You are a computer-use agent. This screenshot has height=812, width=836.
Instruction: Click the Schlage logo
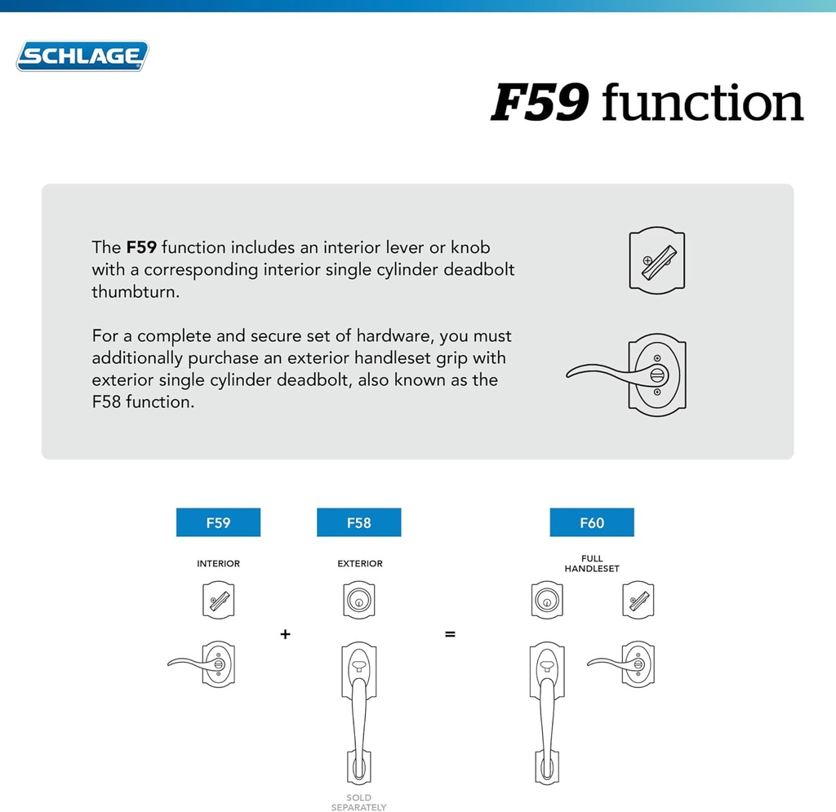pyautogui.click(x=82, y=56)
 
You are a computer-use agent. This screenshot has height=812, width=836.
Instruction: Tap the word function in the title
pyautogui.click(x=702, y=104)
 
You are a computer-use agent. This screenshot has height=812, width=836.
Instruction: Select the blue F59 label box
pyautogui.click(x=218, y=522)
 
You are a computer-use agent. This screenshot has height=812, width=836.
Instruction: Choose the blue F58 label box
pyautogui.click(x=358, y=522)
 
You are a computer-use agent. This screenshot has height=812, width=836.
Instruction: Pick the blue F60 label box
pyautogui.click(x=592, y=522)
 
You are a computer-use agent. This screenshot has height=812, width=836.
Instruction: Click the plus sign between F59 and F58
pyautogui.click(x=285, y=634)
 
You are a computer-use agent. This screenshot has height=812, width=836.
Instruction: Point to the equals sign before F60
pyautogui.click(x=450, y=634)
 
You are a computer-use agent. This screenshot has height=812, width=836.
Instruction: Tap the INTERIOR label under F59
pyautogui.click(x=218, y=564)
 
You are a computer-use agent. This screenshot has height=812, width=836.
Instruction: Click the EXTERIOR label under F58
pyautogui.click(x=360, y=564)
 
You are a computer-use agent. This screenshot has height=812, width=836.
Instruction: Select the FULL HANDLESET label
pyautogui.click(x=592, y=564)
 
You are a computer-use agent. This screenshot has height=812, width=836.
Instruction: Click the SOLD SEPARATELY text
pyautogui.click(x=358, y=802)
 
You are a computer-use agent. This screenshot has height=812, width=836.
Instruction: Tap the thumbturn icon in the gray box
pyautogui.click(x=657, y=260)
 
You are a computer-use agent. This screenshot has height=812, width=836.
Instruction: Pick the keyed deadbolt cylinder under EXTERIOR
pyautogui.click(x=358, y=600)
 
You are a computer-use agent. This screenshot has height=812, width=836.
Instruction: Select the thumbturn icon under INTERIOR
pyautogui.click(x=218, y=601)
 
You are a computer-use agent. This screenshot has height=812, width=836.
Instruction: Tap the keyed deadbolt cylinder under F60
pyautogui.click(x=546, y=600)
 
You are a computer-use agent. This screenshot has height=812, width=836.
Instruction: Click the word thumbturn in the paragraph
pyautogui.click(x=135, y=291)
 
